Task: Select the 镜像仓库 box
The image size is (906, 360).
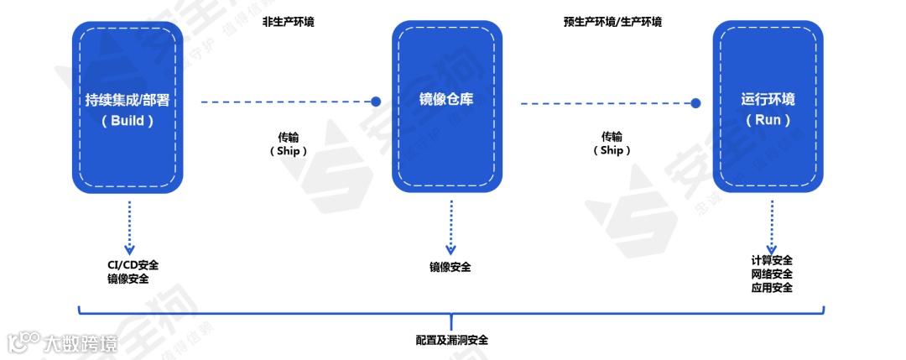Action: click(x=446, y=107)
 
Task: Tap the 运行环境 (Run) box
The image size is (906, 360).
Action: click(x=768, y=107)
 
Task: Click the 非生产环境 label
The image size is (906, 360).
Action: click(x=289, y=22)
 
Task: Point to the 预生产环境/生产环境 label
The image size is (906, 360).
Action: click(x=612, y=22)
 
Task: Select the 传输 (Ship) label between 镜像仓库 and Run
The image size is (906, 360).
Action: click(x=612, y=143)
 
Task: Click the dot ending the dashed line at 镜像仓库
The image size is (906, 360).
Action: click(x=377, y=102)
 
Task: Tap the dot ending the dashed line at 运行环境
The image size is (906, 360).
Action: click(x=696, y=103)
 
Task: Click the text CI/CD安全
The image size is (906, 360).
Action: click(x=133, y=265)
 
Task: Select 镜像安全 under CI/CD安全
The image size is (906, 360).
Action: click(x=128, y=279)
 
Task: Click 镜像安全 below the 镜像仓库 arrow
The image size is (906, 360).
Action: click(x=450, y=267)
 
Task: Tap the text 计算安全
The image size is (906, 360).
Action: click(x=772, y=260)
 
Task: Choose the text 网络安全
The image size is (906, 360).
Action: click(x=772, y=274)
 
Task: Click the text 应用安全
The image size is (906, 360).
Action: click(x=772, y=288)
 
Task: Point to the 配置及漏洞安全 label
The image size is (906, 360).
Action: click(x=451, y=340)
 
